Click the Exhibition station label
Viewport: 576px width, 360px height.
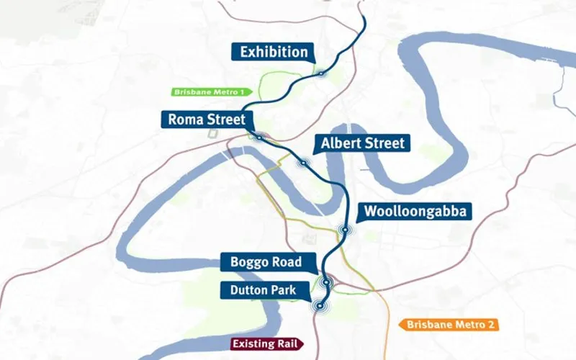pyautogui.click(x=274, y=52)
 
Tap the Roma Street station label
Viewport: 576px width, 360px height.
pyautogui.click(x=205, y=119)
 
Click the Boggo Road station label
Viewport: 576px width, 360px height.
pyautogui.click(x=266, y=261)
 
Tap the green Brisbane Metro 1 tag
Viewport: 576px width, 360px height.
pyautogui.click(x=208, y=92)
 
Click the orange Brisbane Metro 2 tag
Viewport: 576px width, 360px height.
pyautogui.click(x=449, y=325)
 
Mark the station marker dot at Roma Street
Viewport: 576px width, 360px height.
pyautogui.click(x=257, y=135)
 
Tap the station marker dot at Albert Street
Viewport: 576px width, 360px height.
pyautogui.click(x=304, y=163)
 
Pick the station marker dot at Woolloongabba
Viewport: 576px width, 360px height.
pyautogui.click(x=346, y=230)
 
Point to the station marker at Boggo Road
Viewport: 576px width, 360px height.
pyautogui.click(x=327, y=282)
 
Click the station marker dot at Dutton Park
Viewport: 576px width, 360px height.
pyautogui.click(x=319, y=306)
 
